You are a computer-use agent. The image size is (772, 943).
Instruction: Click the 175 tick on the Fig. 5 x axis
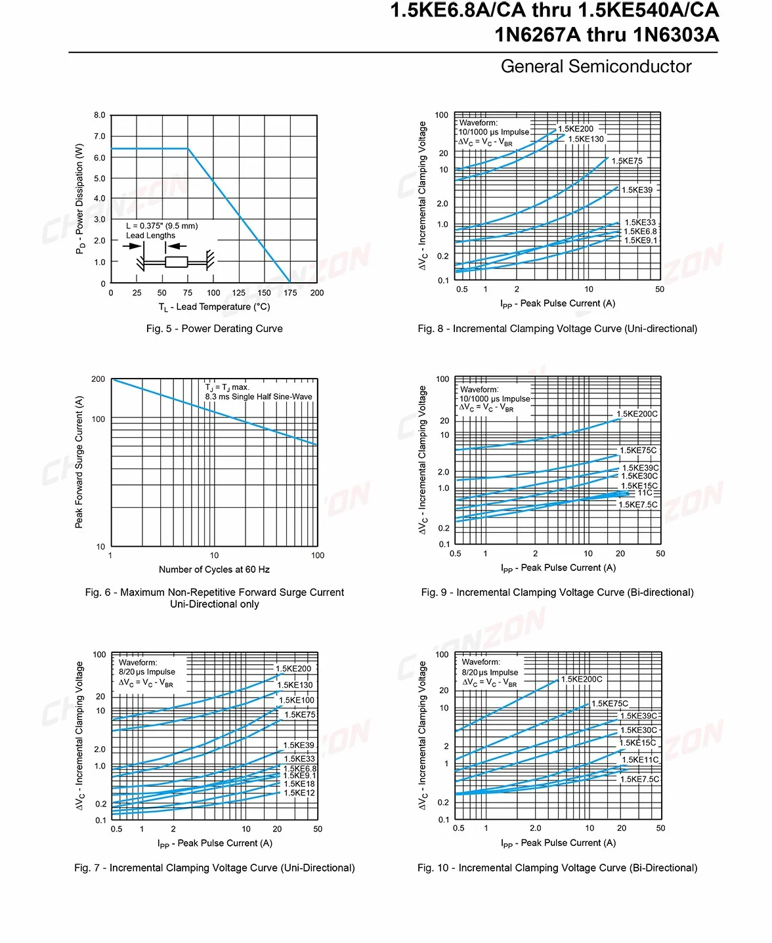coord(290,293)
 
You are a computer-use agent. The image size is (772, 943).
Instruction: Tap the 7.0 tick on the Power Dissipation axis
coord(99,136)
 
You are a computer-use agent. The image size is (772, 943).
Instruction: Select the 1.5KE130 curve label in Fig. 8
coord(586,139)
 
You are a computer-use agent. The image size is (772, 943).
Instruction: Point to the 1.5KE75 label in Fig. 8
coord(627,161)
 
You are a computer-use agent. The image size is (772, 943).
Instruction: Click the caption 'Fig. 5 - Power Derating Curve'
coord(214,329)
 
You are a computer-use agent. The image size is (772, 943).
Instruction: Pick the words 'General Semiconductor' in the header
coord(596,66)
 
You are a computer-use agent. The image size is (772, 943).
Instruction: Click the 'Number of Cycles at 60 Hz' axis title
coord(214,569)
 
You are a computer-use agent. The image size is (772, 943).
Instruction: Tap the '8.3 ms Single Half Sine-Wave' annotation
coord(259,396)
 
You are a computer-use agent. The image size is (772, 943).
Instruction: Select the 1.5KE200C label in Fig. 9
coord(637,414)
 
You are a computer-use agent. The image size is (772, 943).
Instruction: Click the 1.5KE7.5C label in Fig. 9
coord(638,505)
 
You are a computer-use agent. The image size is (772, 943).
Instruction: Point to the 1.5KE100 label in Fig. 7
coord(297,700)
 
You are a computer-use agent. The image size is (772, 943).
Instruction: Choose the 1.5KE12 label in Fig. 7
coord(299,793)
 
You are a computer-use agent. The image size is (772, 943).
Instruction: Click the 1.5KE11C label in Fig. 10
coord(641,760)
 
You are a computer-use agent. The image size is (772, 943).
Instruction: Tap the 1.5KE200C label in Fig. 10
coord(582,679)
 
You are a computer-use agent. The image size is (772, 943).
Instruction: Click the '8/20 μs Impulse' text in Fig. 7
coord(146,672)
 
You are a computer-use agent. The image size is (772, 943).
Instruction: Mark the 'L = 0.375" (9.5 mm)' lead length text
coord(162,226)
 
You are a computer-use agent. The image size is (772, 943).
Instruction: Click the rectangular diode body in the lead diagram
coord(176,262)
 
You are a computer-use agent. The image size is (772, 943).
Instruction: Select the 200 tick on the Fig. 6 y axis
coord(98,379)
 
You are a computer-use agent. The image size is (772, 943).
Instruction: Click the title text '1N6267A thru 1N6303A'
coord(607,35)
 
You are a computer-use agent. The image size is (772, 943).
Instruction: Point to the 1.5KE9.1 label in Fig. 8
coord(641,241)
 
